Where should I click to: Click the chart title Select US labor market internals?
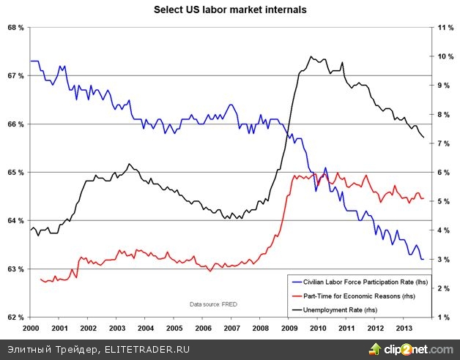229,10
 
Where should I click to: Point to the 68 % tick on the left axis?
15,28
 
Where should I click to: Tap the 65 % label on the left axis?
15,173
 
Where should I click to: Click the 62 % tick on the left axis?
15,318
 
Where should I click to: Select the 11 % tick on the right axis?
446,28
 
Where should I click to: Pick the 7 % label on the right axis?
444,143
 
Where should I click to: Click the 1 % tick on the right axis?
444,318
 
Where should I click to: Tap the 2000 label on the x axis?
31,329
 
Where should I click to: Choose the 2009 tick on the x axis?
289,329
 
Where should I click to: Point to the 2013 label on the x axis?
404,329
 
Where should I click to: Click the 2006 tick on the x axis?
203,329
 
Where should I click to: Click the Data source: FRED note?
213,304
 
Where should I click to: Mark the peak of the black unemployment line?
311,56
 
